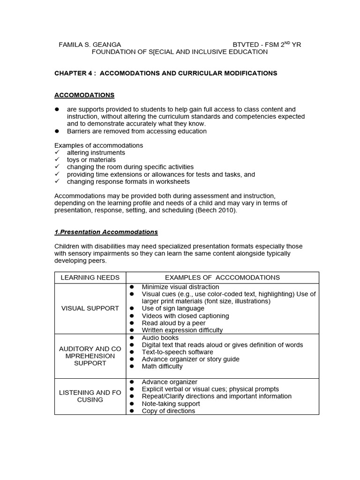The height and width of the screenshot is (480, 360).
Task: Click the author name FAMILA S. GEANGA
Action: click(89, 45)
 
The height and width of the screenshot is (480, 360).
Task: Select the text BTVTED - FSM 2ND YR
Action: click(267, 45)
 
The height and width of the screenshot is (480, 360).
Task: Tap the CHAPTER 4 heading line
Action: click(165, 73)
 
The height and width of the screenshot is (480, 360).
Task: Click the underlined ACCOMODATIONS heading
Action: click(84, 95)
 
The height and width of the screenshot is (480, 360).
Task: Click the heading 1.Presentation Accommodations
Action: click(106, 232)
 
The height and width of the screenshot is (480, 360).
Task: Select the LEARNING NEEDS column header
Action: click(90, 277)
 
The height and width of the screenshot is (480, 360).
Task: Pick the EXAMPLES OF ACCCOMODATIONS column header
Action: click(222, 277)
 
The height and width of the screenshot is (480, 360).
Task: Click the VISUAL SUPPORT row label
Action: click(90, 308)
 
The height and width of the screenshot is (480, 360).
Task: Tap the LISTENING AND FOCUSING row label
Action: click(90, 396)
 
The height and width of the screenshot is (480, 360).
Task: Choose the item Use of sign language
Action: click(173, 308)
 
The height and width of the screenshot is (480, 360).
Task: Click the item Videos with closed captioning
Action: click(185, 316)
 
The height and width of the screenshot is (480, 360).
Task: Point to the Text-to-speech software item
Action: click(177, 352)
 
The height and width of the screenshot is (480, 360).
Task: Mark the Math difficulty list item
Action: click(162, 367)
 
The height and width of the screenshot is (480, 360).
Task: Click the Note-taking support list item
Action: click(171, 404)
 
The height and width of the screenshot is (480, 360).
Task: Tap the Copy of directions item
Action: click(168, 411)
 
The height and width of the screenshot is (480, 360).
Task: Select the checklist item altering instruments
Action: click(96, 153)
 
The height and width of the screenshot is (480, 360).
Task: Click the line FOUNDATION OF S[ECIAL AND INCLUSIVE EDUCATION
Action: click(180, 52)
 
